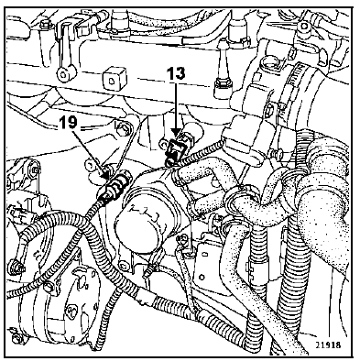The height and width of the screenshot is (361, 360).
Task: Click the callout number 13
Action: point(176,73)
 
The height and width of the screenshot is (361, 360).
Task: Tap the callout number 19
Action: point(69,123)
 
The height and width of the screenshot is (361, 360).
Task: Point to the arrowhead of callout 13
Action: point(175,134)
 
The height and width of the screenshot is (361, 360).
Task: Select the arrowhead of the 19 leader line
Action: point(107,176)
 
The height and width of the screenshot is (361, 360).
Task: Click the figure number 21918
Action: point(328,345)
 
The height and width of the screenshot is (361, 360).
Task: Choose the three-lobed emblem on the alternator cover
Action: point(71,311)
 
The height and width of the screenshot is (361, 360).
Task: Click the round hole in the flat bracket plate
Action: point(202,277)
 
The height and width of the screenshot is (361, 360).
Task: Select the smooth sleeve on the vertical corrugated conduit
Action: point(259,263)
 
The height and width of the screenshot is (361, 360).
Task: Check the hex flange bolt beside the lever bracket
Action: point(46,23)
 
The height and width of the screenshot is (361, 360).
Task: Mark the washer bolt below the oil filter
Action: point(123,265)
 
